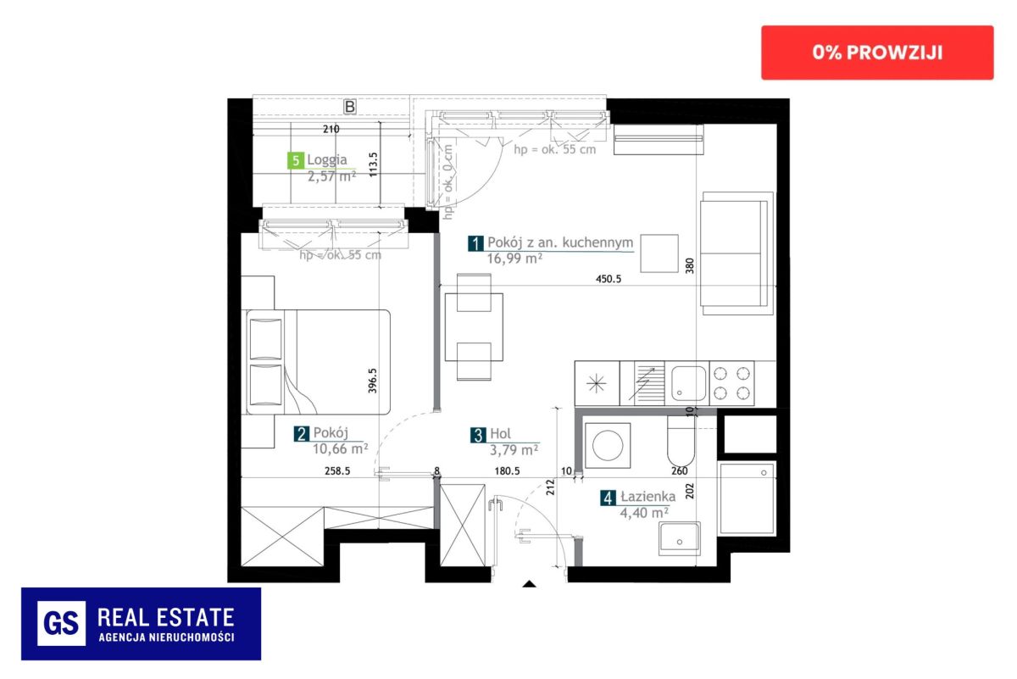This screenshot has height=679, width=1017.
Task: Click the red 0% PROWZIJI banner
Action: coord(877,53)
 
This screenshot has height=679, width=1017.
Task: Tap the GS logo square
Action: coord(61,623)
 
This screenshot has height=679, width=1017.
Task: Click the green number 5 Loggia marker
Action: coord(296,160)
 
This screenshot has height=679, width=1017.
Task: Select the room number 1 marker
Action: coord(475,243)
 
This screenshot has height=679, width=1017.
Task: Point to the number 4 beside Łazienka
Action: coord(608,498)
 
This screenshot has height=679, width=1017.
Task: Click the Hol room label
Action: coord(500,434)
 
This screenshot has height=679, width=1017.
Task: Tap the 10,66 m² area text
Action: coord(340,448)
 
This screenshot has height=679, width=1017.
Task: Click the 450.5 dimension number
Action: coord(609,279)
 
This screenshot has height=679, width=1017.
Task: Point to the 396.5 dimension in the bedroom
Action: coord(372,381)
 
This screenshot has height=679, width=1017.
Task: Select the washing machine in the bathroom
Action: coord(608,446)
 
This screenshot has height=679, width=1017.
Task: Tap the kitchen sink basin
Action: coord(688,384)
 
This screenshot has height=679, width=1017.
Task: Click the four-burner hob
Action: coord(731,384)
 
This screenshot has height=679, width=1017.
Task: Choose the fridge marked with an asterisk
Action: coord(597,384)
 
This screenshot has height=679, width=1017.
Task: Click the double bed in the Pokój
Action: coord(319,362)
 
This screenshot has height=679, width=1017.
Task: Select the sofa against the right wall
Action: coord(736,253)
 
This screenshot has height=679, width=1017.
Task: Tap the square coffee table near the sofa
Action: coord(659,253)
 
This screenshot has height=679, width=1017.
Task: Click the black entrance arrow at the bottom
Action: coord(529,584)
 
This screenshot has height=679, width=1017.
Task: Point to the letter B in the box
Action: coord(349,107)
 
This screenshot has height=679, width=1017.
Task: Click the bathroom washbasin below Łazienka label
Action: coord(680,538)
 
